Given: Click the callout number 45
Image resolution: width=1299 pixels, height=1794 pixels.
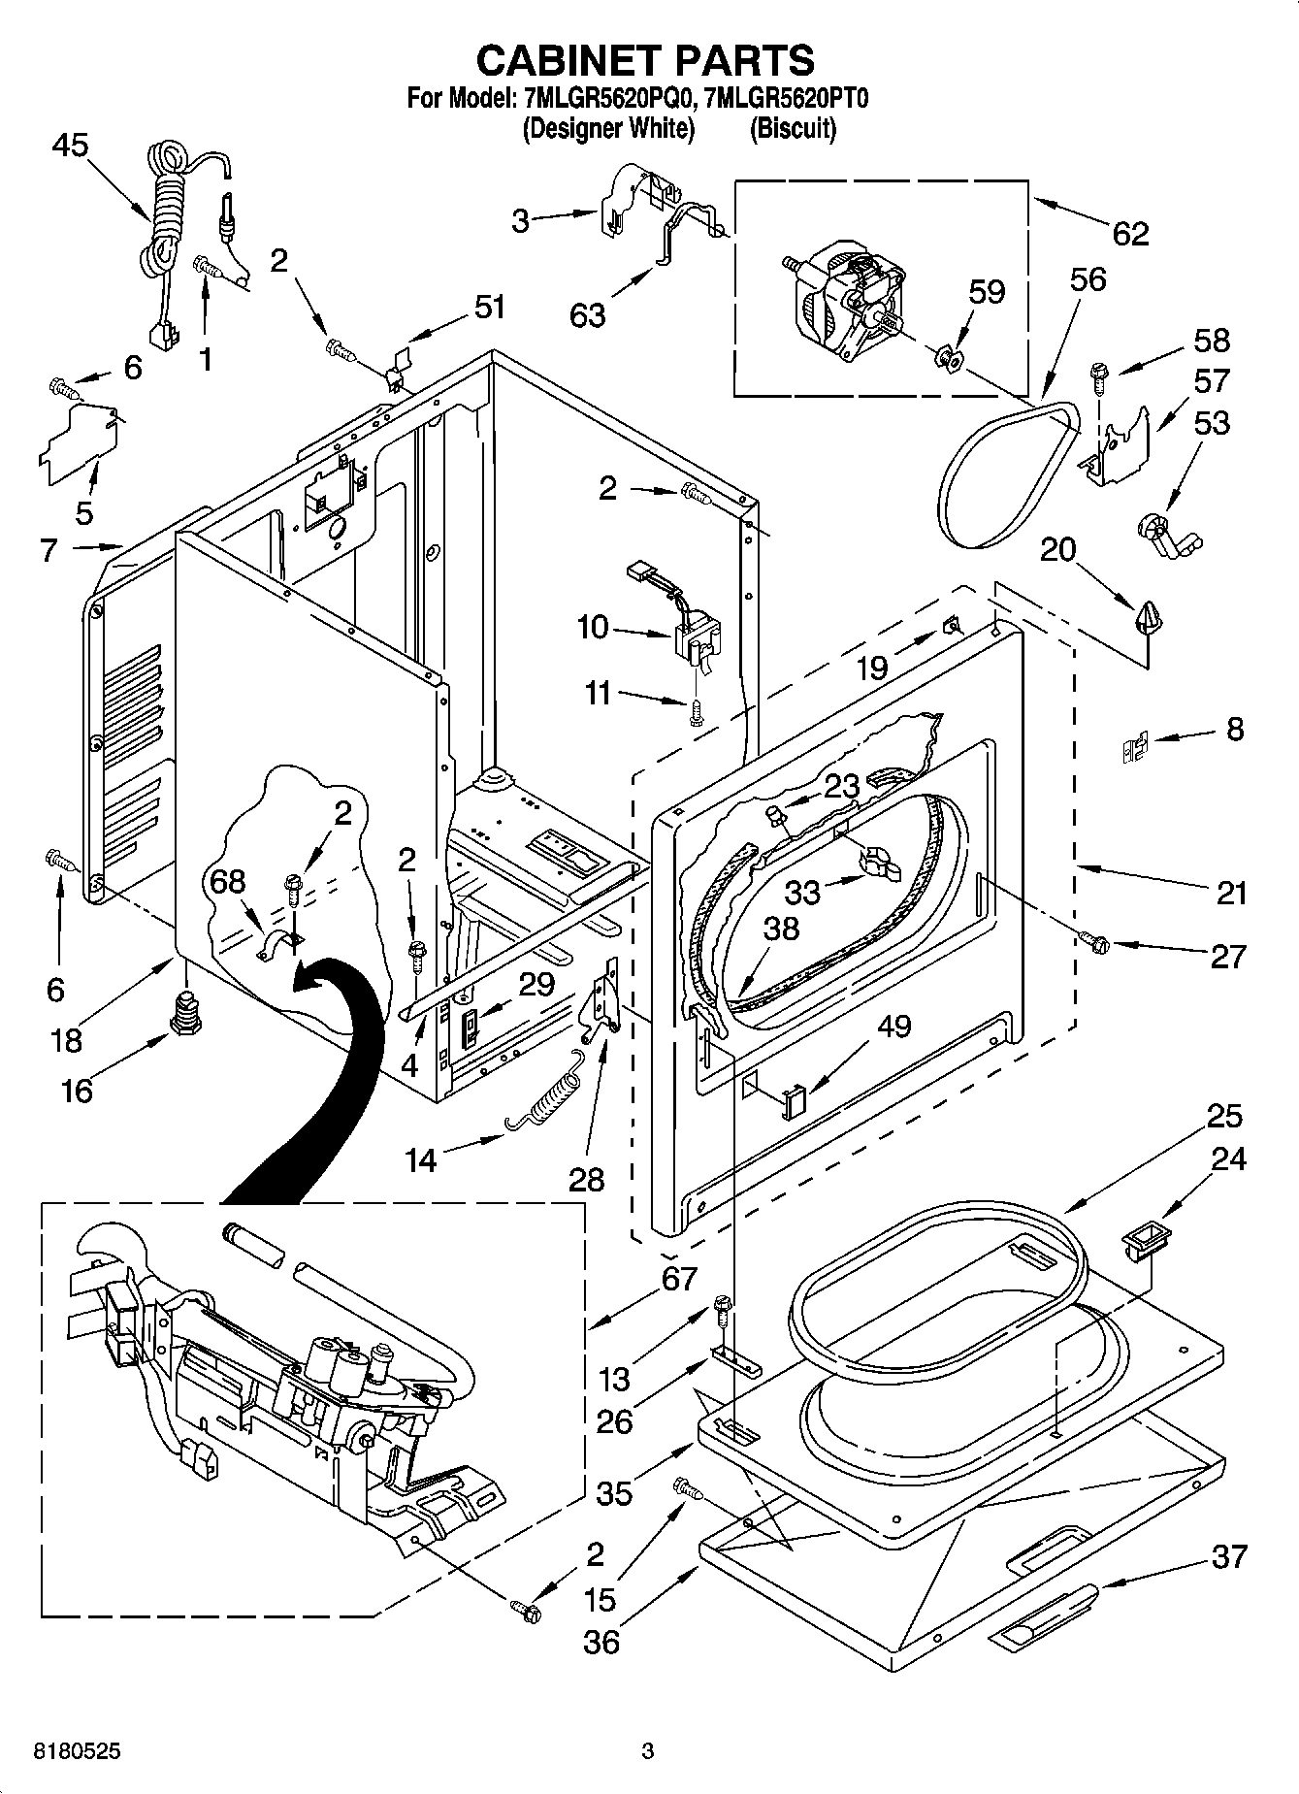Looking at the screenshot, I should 69,146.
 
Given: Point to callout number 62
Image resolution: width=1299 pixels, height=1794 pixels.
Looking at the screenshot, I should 1130,233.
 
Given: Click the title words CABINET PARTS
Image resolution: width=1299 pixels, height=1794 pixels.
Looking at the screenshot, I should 645,60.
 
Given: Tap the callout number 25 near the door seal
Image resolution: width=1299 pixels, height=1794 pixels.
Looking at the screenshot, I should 1224,1116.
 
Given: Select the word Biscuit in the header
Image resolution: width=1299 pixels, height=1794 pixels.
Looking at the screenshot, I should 793,128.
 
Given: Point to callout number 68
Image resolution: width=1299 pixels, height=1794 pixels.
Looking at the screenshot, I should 228,882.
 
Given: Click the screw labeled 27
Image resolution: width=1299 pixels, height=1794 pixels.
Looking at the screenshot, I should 1093,940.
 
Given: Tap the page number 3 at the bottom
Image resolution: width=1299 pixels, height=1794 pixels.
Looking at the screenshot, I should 647,1751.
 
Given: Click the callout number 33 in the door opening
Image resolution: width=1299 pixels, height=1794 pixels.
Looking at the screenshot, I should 801,891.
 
